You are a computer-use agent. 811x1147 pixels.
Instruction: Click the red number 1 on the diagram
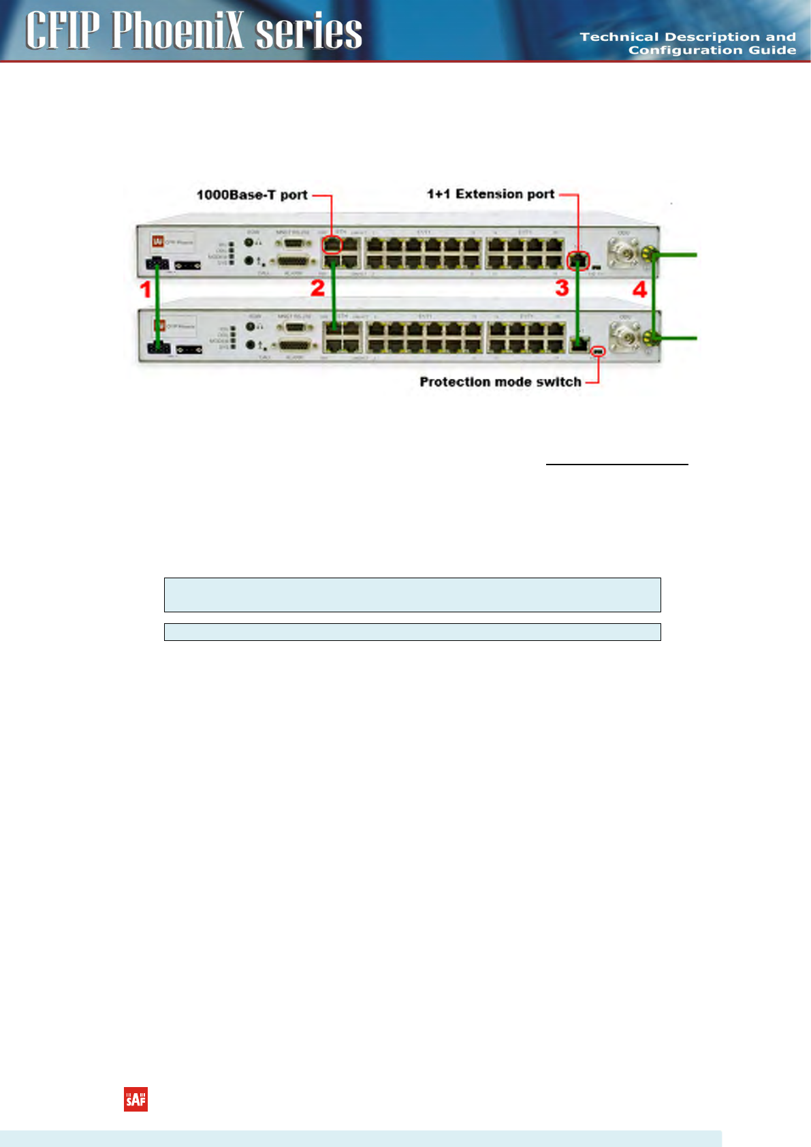click(145, 289)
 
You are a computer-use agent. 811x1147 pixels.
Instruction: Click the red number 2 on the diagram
click(317, 287)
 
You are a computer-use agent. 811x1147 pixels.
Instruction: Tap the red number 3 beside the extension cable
click(562, 287)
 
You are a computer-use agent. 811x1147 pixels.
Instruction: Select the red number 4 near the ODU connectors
click(639, 289)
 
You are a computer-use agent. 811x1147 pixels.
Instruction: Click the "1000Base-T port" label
click(252, 195)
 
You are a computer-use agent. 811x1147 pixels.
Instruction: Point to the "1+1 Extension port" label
click(490, 194)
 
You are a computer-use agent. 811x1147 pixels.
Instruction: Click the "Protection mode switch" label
click(500, 382)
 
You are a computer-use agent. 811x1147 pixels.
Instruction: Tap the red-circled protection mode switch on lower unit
click(599, 351)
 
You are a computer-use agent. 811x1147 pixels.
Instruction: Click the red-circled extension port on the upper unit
click(578, 260)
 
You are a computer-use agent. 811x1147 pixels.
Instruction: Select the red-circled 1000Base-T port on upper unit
click(332, 244)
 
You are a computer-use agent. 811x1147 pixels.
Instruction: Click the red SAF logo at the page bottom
click(136, 1099)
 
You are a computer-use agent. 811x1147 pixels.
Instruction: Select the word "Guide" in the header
click(772, 50)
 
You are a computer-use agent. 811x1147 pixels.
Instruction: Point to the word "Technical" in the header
click(619, 37)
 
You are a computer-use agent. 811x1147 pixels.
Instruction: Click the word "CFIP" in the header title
click(63, 31)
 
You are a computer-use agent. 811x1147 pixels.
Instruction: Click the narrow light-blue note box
click(412, 632)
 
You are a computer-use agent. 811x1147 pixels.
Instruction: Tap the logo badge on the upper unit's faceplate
click(157, 241)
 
